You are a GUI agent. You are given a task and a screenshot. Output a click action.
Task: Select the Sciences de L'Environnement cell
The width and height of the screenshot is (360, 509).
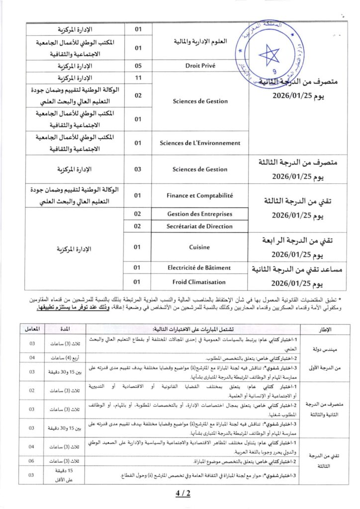point(200,143)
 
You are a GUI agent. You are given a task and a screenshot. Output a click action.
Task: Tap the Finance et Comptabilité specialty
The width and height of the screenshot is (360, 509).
point(200,196)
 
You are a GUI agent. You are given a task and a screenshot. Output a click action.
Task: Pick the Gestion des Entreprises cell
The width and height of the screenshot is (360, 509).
point(200,214)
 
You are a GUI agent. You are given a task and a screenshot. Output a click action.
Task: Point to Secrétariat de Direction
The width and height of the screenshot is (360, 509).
point(200,226)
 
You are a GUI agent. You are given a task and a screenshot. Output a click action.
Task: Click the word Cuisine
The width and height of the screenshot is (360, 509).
point(200,247)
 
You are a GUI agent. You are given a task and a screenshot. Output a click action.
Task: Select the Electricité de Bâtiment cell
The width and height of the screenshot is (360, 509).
point(200,268)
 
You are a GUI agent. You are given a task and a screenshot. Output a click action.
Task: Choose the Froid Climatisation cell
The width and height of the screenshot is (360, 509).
point(200,281)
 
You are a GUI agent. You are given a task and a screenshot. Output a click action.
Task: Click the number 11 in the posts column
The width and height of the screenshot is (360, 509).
point(139,78)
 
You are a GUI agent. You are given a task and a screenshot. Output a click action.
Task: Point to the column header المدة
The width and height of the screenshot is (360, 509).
point(65,329)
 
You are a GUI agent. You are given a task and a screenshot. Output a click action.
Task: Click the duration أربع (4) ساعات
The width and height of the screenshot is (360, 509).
point(65,357)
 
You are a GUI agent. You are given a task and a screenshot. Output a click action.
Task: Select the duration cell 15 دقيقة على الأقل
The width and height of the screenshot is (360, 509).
point(65,475)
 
